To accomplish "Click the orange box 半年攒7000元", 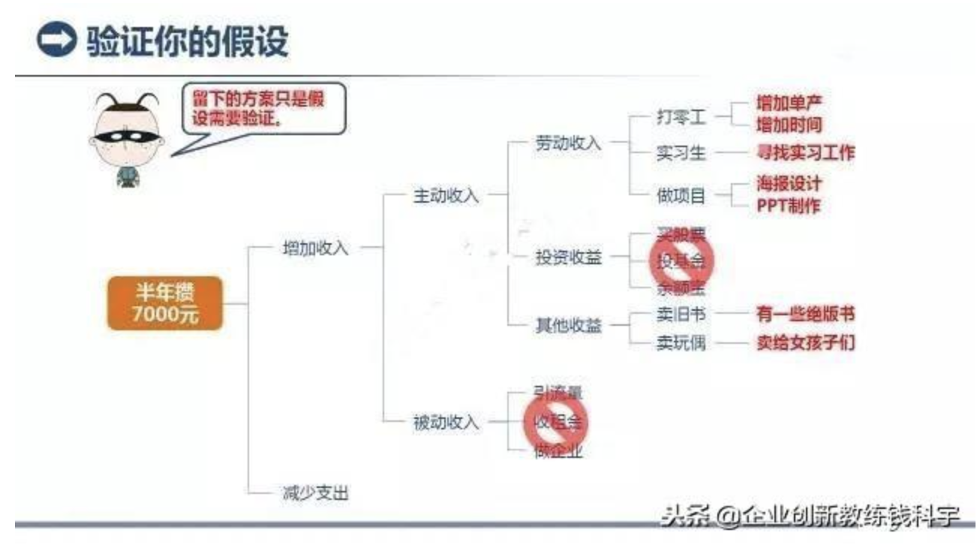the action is click(x=165, y=303).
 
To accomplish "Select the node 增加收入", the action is click(x=315, y=248).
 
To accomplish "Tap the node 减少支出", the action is click(x=315, y=493).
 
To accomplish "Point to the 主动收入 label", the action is click(x=446, y=196).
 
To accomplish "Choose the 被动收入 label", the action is click(x=446, y=423).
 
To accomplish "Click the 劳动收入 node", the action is click(x=569, y=143).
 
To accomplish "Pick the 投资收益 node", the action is click(x=569, y=257).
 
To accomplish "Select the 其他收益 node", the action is click(x=569, y=327).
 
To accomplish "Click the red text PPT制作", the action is click(x=788, y=206).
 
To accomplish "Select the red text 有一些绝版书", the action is click(x=805, y=314).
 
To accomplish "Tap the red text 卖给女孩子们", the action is click(x=805, y=343).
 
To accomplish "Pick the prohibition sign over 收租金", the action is click(x=556, y=421).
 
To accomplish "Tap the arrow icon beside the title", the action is click(x=56, y=40).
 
